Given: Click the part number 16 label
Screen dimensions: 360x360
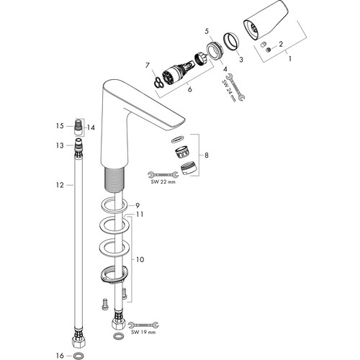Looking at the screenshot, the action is click(x=60, y=356).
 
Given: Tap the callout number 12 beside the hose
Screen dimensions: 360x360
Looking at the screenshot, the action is click(x=60, y=185).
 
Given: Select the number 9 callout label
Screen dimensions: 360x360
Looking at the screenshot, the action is click(x=138, y=205).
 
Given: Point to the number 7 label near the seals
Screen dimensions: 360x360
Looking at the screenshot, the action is click(x=148, y=66).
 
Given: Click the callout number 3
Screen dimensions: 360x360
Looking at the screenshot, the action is click(x=241, y=59).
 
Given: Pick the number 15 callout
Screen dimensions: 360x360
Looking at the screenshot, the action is click(x=60, y=126).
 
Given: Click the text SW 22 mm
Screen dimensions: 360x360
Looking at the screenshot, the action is click(x=163, y=181).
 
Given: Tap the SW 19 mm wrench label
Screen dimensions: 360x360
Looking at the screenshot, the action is click(x=143, y=332).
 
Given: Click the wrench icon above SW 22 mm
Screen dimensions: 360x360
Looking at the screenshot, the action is click(x=163, y=174).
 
